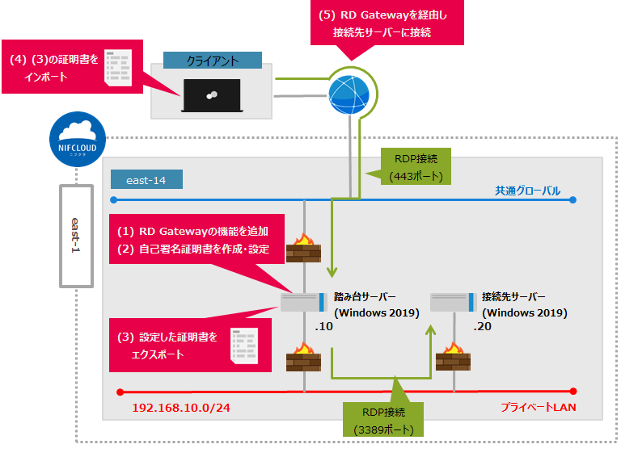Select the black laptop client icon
(x=213, y=94)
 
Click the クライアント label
(x=212, y=61)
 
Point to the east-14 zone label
(x=147, y=178)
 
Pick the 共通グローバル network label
(x=528, y=191)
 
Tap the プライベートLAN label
(x=537, y=406)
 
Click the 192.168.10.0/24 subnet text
(x=180, y=407)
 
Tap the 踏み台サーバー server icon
(x=303, y=303)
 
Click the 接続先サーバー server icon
(x=452, y=303)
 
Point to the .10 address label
(x=324, y=329)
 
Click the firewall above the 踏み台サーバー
(x=303, y=248)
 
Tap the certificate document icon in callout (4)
(x=120, y=66)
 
